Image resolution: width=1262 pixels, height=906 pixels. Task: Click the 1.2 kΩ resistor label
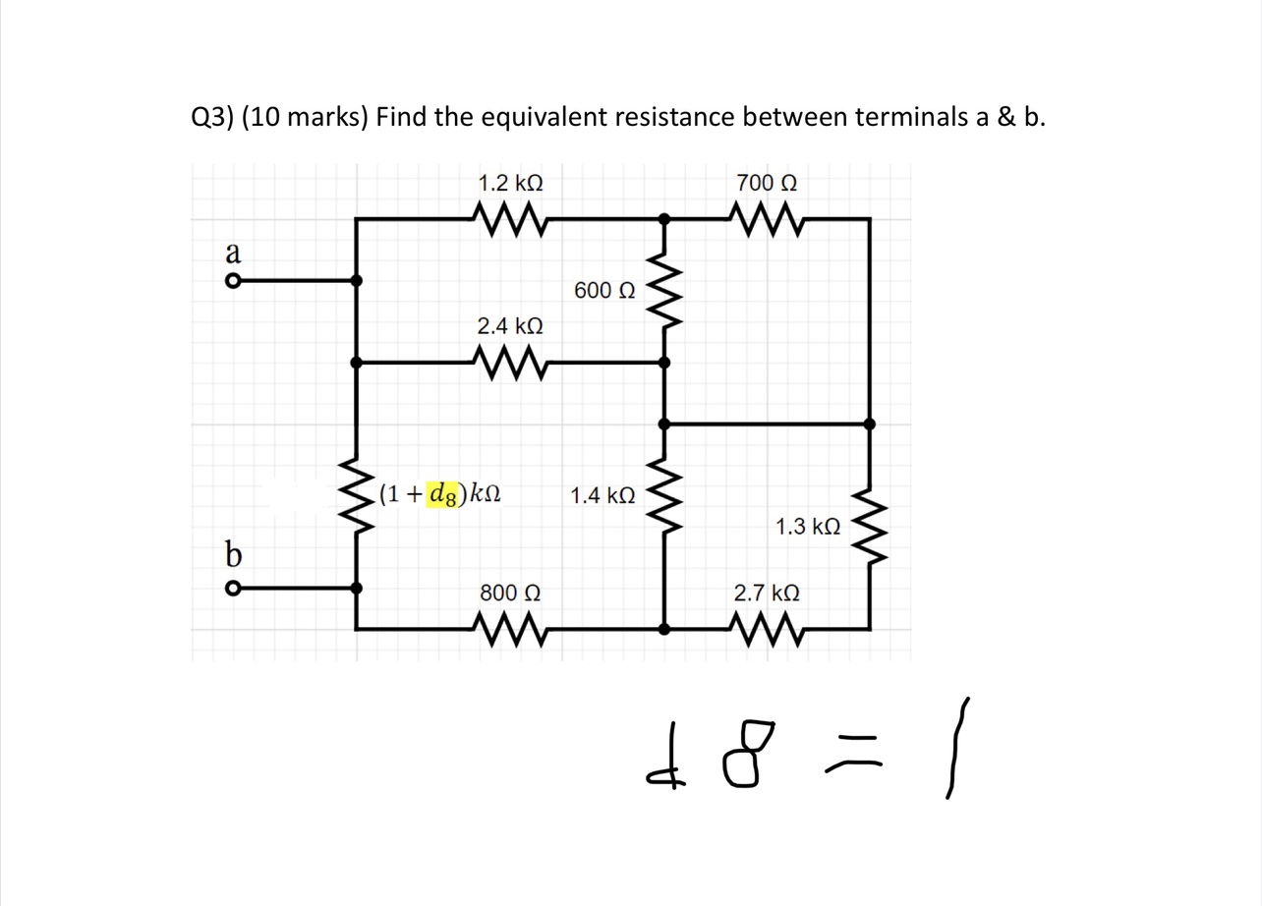pyautogui.click(x=509, y=184)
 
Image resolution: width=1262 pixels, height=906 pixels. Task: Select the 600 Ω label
pyautogui.click(x=605, y=291)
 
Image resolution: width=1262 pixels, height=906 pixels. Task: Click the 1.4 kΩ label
pyautogui.click(x=602, y=495)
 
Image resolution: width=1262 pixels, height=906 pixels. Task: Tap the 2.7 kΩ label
pyautogui.click(x=767, y=594)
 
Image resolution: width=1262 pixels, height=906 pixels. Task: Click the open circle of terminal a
pyautogui.click(x=232, y=281)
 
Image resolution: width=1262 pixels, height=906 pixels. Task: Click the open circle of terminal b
pyautogui.click(x=232, y=589)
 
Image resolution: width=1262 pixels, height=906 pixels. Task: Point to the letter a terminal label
pyautogui.click(x=233, y=253)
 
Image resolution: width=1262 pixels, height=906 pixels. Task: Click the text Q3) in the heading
pyautogui.click(x=211, y=119)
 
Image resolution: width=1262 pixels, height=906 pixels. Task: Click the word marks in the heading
pyautogui.click(x=327, y=119)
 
